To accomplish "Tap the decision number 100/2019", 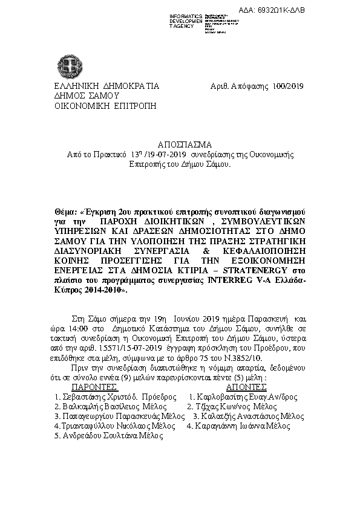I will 288,86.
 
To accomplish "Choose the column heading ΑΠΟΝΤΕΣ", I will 246,386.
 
